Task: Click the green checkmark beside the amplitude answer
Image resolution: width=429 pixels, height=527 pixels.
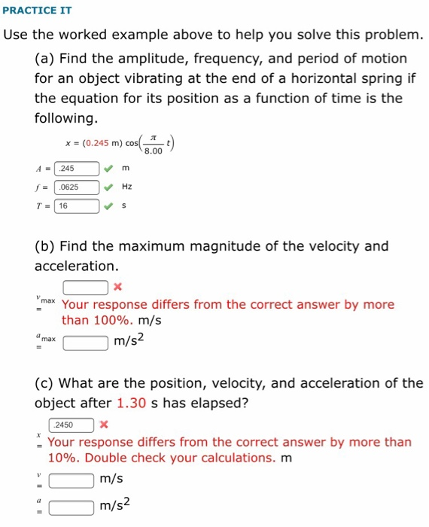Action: pos(110,169)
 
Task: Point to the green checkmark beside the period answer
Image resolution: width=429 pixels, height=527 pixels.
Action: pos(110,206)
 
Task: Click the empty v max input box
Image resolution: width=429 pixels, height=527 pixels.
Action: pos(84,287)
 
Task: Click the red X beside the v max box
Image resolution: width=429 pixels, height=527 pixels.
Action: pos(117,287)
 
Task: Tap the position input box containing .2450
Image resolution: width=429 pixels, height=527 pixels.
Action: pos(71,425)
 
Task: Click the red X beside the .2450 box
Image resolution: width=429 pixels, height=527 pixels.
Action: pos(104,425)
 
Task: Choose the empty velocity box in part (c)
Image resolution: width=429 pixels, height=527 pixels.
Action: pos(71,479)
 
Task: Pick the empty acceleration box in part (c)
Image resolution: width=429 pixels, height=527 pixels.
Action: pos(71,507)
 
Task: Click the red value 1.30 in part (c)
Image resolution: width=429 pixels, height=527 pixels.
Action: pos(131,403)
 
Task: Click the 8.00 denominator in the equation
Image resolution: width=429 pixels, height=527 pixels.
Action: pos(153,151)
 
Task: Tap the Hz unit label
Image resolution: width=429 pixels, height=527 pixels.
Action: pos(126,187)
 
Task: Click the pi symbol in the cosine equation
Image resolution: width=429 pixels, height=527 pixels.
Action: pos(153,137)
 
